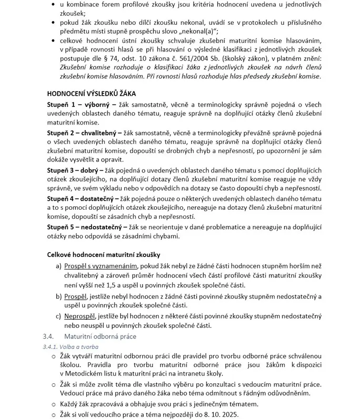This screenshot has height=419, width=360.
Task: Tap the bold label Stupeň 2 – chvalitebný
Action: click(x=84, y=132)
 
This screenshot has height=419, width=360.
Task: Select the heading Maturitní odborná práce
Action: click(x=100, y=337)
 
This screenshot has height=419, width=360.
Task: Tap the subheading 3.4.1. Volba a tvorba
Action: click(x=67, y=347)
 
